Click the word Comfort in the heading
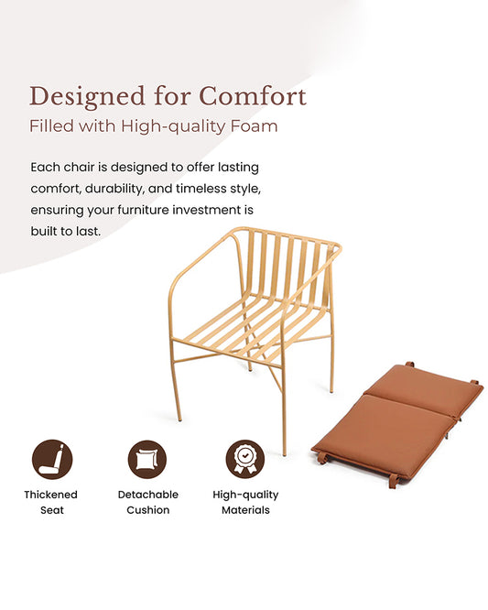click(x=253, y=95)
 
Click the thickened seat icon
click(x=51, y=459)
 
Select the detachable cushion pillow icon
click(x=147, y=459)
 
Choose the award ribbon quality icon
click(x=244, y=459)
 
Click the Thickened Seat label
click(x=51, y=502)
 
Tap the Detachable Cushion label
click(x=147, y=502)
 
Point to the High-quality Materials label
click(x=245, y=502)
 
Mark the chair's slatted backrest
click(x=284, y=266)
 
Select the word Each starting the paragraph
click(x=45, y=168)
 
